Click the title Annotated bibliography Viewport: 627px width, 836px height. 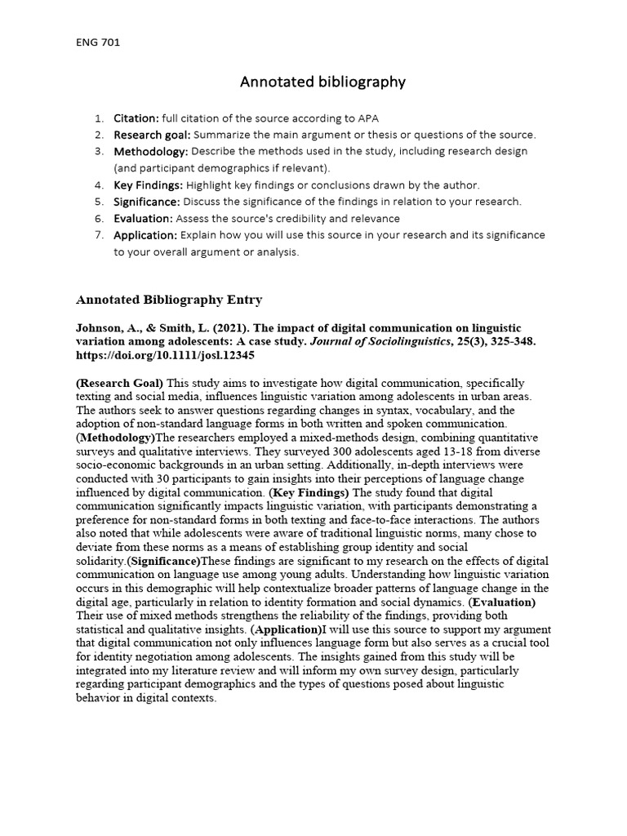(322, 82)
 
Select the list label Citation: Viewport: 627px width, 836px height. (136, 118)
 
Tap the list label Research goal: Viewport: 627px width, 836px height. (152, 135)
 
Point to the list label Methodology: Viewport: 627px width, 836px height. (151, 152)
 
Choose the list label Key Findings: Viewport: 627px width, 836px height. (149, 185)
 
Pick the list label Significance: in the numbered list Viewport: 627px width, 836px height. (147, 202)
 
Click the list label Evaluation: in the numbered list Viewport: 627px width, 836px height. (143, 219)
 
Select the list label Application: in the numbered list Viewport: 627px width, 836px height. (145, 235)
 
